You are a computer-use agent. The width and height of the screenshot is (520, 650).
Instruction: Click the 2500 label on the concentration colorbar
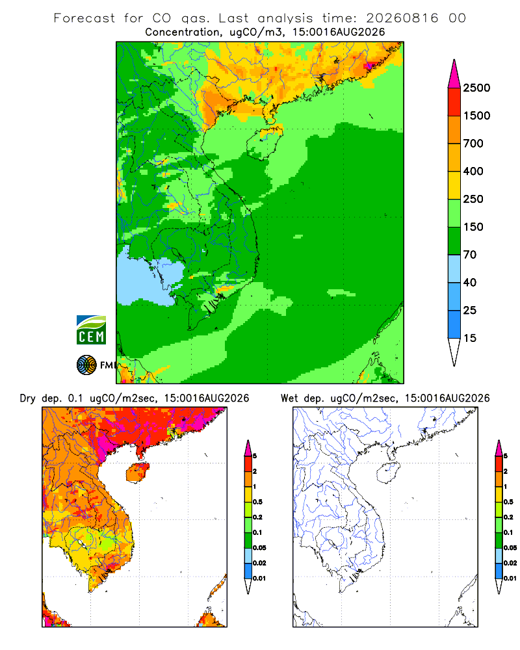pyautogui.click(x=476, y=88)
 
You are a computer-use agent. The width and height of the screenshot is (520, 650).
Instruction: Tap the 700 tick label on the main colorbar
pyautogui.click(x=473, y=144)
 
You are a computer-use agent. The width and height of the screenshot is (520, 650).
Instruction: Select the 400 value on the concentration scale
pyautogui.click(x=473, y=171)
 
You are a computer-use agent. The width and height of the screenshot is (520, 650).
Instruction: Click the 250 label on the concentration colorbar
pyautogui.click(x=473, y=199)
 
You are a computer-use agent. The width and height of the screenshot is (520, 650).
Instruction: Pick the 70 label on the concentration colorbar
pyautogui.click(x=470, y=255)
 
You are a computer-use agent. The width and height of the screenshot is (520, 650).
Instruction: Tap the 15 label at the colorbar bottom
pyautogui.click(x=470, y=338)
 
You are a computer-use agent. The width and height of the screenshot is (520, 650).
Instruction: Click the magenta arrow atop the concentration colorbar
pyautogui.click(x=454, y=75)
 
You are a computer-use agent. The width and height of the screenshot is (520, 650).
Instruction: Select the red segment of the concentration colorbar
pyautogui.click(x=454, y=102)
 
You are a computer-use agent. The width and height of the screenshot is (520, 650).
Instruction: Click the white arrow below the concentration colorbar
pyautogui.click(x=454, y=350)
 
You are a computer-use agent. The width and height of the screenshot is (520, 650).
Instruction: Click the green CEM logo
pyautogui.click(x=91, y=330)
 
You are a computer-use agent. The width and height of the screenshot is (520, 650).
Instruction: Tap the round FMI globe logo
pyautogui.click(x=86, y=365)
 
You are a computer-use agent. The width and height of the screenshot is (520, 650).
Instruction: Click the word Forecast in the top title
pyautogui.click(x=84, y=18)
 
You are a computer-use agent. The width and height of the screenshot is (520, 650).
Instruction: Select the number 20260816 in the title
pyautogui.click(x=402, y=18)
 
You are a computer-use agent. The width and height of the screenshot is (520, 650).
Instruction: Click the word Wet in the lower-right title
pyautogui.click(x=289, y=398)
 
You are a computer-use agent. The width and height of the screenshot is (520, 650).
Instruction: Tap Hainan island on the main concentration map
pyautogui.click(x=264, y=142)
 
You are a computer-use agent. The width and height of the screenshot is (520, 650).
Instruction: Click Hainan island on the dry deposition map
pyautogui.click(x=138, y=473)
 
